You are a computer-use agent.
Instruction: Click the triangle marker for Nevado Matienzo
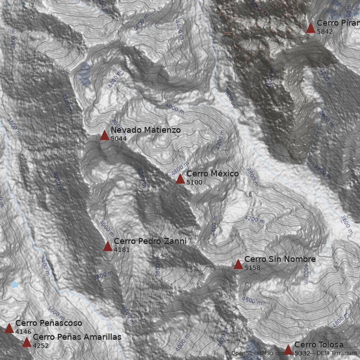tap(104, 135)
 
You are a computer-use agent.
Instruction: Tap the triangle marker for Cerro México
tap(180, 179)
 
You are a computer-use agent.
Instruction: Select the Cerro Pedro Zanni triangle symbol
tap(108, 246)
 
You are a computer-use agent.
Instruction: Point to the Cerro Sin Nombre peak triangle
tap(238, 264)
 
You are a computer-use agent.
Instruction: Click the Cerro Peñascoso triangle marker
tap(9, 328)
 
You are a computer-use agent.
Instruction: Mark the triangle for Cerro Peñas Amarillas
tap(27, 342)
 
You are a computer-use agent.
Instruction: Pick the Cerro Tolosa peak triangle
tap(288, 349)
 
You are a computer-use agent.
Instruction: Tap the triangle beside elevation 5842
tap(310, 28)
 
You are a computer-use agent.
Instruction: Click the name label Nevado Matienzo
tap(145, 130)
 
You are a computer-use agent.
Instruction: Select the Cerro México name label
tap(212, 174)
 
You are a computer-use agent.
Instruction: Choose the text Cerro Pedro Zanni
tap(150, 241)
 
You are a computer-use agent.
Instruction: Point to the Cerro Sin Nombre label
tap(280, 259)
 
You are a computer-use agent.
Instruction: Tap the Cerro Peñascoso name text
tap(49, 323)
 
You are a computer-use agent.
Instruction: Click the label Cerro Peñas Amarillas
tap(77, 337)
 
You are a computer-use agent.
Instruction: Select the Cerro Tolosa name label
tap(319, 345)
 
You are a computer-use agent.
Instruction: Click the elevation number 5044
tap(119, 139)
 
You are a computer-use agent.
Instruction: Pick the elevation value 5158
tap(252, 268)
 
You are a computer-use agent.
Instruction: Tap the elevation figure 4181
tap(122, 250)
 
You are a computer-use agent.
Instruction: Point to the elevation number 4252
tap(41, 346)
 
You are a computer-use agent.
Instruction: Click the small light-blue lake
tap(14, 284)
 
